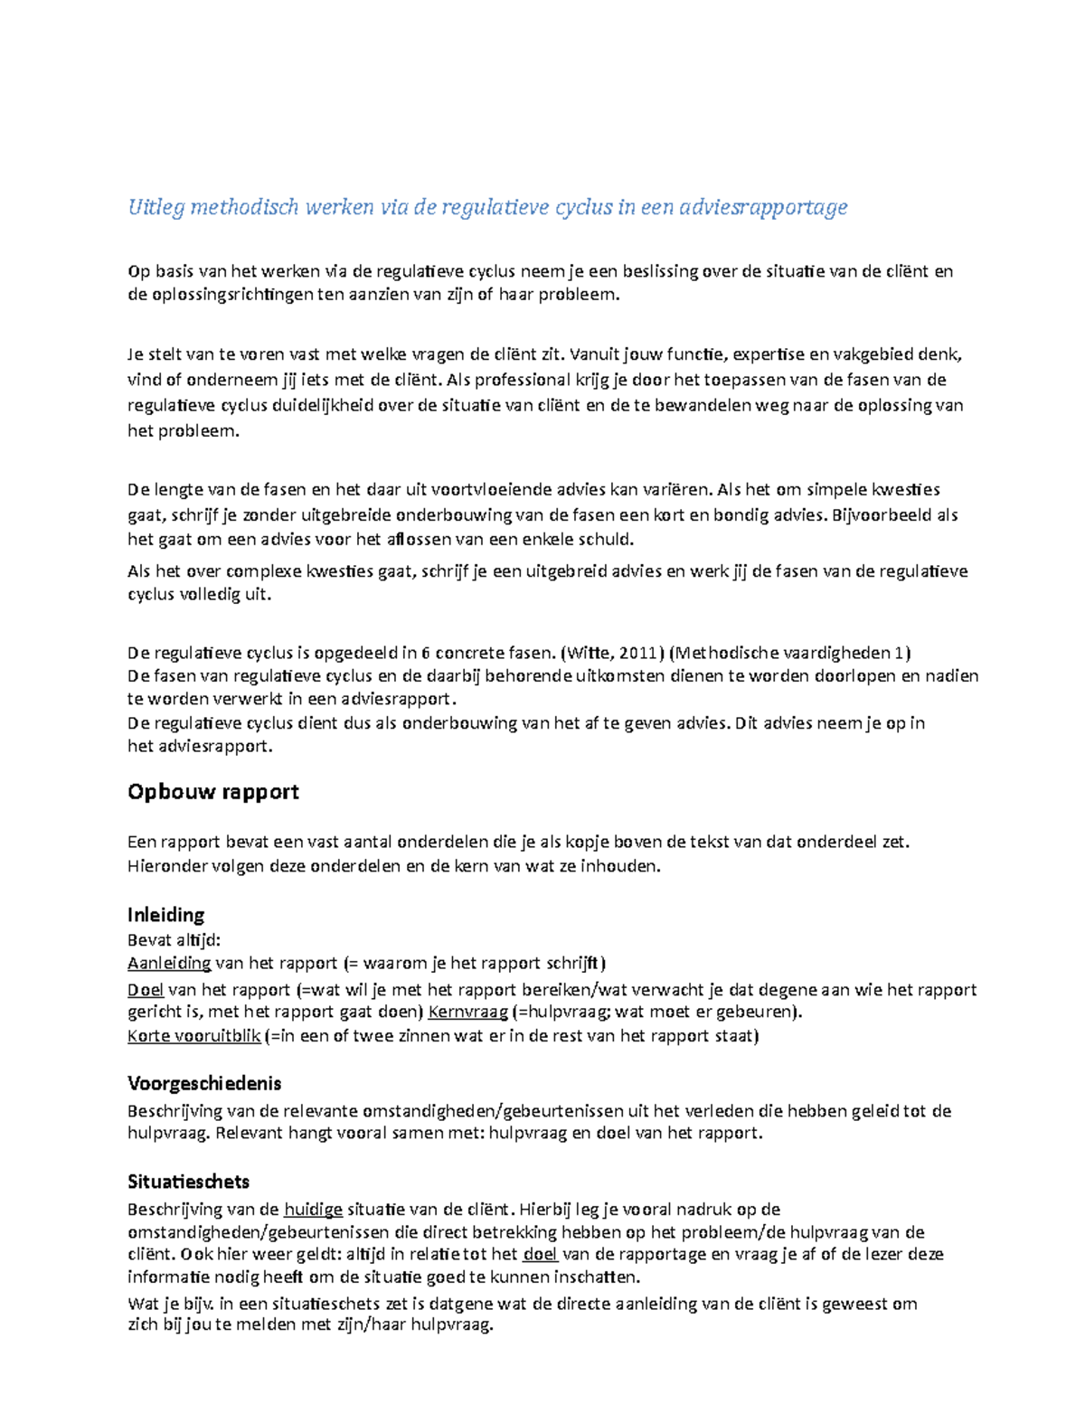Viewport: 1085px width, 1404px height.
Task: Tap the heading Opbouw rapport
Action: [212, 792]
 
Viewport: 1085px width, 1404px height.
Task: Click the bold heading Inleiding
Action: [165, 914]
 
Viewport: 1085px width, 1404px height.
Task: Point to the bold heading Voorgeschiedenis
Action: [204, 1083]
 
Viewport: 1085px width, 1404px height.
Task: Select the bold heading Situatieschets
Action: [188, 1182]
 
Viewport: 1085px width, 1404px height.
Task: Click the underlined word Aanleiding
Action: [169, 963]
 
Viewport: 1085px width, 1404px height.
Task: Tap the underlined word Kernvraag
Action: [467, 1012]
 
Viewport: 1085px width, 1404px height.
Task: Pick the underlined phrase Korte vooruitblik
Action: [193, 1036]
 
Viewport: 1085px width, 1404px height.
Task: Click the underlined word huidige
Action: [313, 1210]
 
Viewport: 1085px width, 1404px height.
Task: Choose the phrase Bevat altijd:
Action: [174, 939]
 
